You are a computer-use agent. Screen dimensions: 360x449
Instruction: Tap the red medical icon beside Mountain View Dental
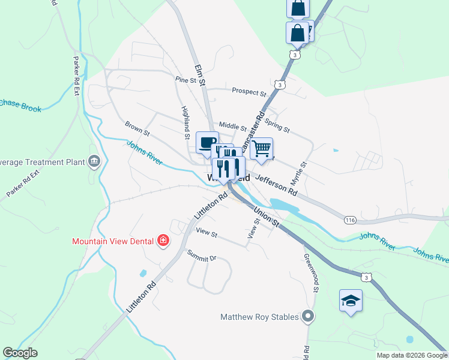(163, 242)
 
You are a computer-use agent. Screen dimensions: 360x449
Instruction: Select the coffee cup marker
(207, 143)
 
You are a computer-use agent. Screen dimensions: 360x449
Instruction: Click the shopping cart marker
(261, 149)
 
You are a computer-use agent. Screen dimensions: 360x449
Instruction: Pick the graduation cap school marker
(351, 300)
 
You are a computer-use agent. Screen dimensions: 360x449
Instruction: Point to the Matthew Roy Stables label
(259, 316)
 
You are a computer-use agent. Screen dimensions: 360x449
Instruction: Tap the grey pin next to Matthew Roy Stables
(309, 316)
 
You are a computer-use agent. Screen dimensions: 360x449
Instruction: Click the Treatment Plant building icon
(94, 161)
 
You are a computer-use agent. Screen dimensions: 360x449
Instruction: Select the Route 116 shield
(351, 220)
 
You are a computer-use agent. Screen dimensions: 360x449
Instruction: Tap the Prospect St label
(249, 93)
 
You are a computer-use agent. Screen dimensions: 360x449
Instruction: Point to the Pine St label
(185, 79)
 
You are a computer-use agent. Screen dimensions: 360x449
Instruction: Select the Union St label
(267, 216)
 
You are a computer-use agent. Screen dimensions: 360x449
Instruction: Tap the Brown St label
(137, 128)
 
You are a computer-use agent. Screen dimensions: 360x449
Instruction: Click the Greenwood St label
(310, 270)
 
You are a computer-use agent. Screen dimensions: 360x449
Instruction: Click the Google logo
(20, 353)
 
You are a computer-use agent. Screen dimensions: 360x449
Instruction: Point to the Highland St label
(185, 123)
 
